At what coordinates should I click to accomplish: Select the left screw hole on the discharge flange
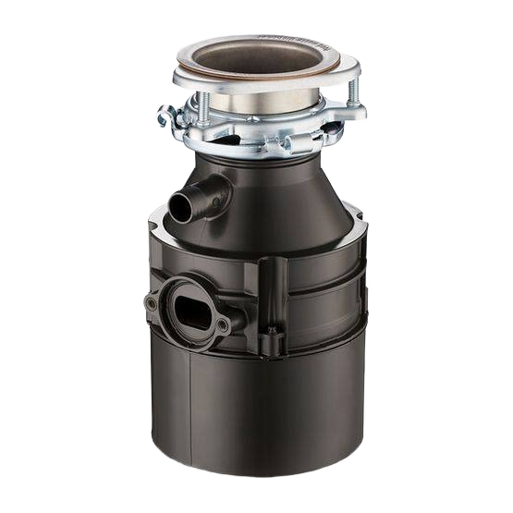tap(152, 303)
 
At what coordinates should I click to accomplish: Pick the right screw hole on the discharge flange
tap(222, 325)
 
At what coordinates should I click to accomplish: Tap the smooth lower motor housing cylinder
tap(259, 416)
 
